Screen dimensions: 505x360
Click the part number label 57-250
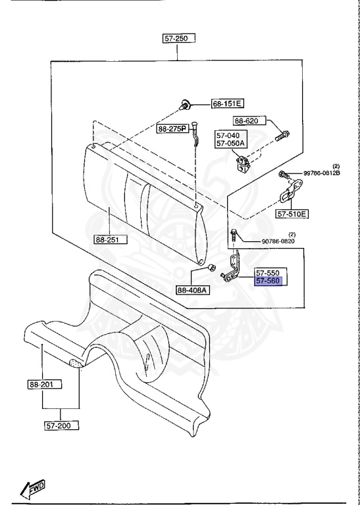pyautogui.click(x=176, y=39)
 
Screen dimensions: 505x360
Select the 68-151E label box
pyautogui.click(x=227, y=104)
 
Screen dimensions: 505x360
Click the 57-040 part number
pyautogui.click(x=228, y=135)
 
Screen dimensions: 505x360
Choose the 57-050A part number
pyautogui.click(x=230, y=143)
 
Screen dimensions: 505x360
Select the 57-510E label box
pyautogui.click(x=292, y=214)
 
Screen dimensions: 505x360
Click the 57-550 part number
pyautogui.click(x=268, y=272)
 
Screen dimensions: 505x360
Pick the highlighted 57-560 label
pyautogui.click(x=268, y=281)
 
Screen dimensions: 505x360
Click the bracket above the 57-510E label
pyautogui.click(x=288, y=195)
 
